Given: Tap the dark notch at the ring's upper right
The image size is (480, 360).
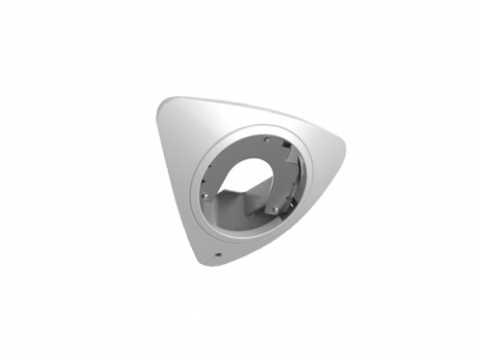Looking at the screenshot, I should [287, 144].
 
